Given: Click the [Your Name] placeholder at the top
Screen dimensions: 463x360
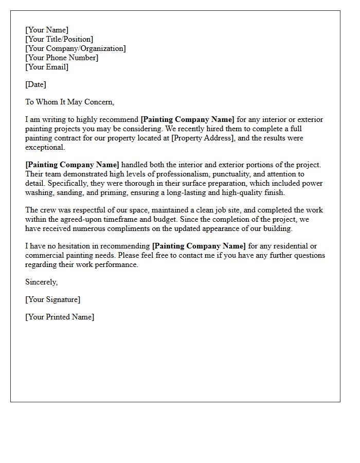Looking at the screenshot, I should coord(47,30).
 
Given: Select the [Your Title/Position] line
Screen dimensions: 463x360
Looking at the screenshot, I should coord(59,39).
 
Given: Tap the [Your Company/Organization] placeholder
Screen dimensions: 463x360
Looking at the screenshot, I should coord(76,48).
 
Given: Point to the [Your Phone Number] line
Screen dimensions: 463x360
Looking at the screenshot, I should coord(62,58).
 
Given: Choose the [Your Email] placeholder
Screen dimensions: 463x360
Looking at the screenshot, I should coord(47,67).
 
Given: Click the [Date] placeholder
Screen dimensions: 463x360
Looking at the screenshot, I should coord(35,84).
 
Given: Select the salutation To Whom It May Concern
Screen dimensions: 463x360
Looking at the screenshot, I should coord(69,102).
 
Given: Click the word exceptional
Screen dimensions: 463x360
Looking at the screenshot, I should coord(45,147).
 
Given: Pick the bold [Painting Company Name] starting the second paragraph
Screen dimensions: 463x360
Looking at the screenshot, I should coord(72,165).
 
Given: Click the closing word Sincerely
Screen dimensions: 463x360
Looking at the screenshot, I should coord(41,282).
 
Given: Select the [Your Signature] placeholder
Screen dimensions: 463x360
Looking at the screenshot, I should coord(52,299).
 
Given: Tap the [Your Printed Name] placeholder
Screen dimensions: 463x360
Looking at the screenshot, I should coord(60,317).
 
